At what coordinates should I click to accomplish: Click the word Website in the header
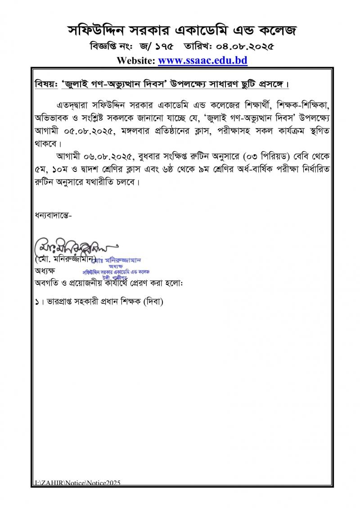pyautogui.click(x=135, y=60)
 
